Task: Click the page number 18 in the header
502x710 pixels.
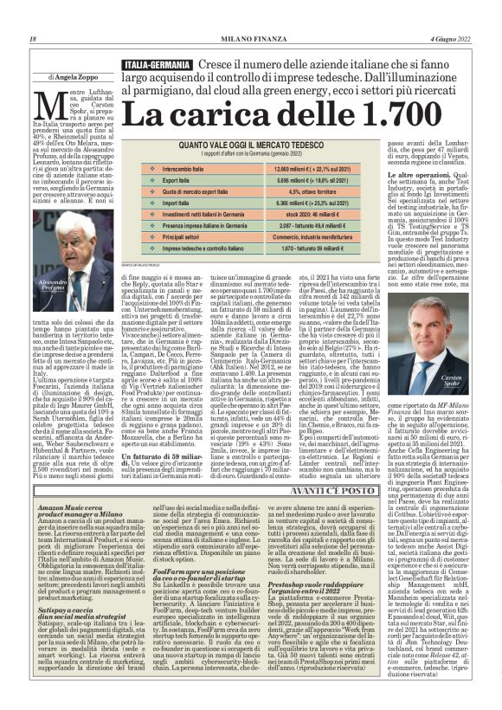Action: [x=32, y=38]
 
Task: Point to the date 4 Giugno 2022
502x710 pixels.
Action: [x=451, y=38]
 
